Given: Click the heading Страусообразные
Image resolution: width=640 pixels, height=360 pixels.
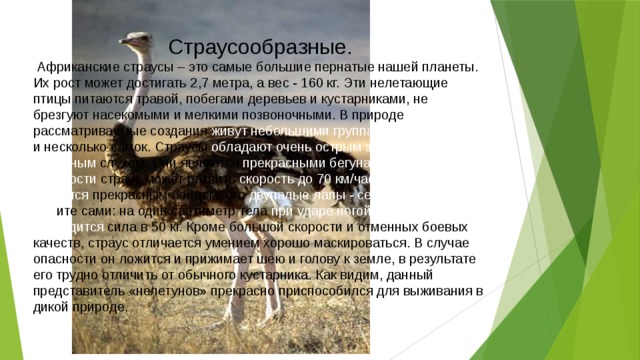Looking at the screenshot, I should (259, 47).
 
